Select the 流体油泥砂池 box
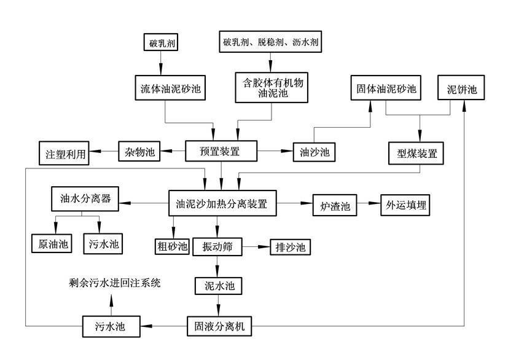coord(166,88)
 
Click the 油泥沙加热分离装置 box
coord(221,203)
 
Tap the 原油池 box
coord(52,243)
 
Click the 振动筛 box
coord(216,247)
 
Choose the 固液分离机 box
coord(219,326)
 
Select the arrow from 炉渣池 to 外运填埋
coord(369,203)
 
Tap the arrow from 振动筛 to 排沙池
coord(256,247)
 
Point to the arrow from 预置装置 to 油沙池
coord(275,151)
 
